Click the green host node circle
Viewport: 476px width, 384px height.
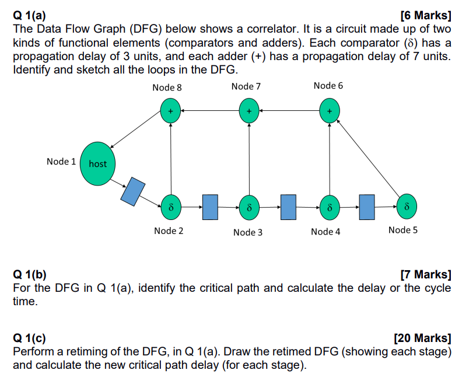tap(97, 163)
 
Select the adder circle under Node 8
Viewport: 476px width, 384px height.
tap(170, 110)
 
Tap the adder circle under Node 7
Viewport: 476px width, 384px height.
tap(249, 110)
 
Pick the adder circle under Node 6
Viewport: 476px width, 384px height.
tap(330, 110)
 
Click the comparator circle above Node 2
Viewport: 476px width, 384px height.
tap(170, 207)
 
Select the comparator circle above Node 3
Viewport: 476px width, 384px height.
tap(249, 207)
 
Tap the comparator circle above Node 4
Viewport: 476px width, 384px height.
tap(330, 207)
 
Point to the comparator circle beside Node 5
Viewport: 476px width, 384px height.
tap(407, 207)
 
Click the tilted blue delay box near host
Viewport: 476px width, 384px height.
tap(132, 191)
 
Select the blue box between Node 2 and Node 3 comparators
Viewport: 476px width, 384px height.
tap(210, 207)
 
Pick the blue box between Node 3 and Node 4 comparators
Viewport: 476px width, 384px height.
tap(289, 207)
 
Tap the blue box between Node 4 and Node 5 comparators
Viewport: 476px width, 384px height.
tap(367, 207)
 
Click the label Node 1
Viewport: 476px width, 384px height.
tap(61, 162)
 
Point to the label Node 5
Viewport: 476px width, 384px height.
tap(402, 230)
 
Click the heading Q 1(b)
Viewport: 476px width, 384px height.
tap(31, 275)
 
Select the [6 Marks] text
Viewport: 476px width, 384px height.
tap(427, 16)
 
